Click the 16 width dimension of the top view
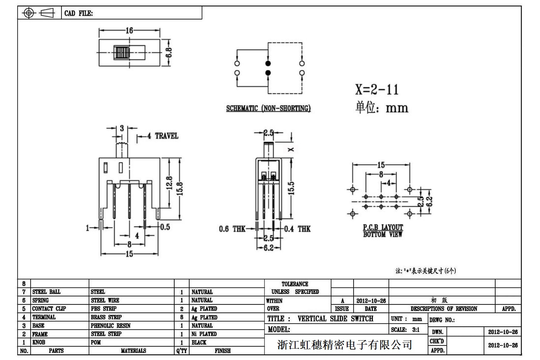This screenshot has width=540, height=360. click(x=129, y=30)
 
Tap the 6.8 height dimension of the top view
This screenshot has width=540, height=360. click(x=169, y=53)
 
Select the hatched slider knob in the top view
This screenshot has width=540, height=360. click(x=122, y=53)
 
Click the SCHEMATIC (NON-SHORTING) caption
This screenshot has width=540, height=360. click(x=268, y=108)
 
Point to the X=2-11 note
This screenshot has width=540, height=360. click(x=377, y=89)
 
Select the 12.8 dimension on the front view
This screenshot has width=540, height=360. click(x=169, y=183)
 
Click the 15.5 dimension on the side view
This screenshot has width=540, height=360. click(x=291, y=188)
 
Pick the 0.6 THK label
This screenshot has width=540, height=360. click(x=232, y=229)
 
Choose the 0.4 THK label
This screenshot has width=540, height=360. click(x=297, y=229)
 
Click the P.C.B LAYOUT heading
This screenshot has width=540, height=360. click(x=383, y=227)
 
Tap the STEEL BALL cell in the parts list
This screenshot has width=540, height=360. click(x=47, y=292)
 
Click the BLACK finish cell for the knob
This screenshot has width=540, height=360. click(x=199, y=342)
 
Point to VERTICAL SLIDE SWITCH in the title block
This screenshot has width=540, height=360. click(x=335, y=319)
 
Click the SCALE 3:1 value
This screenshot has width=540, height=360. click(x=416, y=330)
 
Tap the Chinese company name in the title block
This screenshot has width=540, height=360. click(x=344, y=345)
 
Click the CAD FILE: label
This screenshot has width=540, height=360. click(x=78, y=13)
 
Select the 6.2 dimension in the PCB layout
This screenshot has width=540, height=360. click(x=430, y=201)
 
